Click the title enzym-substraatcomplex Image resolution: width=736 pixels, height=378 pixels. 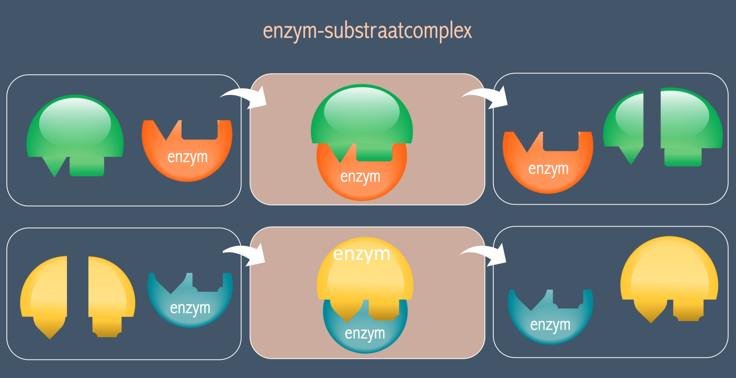[367, 31]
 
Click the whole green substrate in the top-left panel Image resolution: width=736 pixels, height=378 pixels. [75, 129]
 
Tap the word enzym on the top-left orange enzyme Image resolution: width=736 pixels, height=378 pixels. [187, 157]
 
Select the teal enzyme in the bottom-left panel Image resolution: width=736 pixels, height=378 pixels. [190, 305]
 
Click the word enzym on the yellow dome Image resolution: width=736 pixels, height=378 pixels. [362, 254]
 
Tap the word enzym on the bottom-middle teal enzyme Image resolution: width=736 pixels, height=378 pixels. [365, 333]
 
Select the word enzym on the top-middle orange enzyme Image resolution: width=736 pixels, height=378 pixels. [360, 177]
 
